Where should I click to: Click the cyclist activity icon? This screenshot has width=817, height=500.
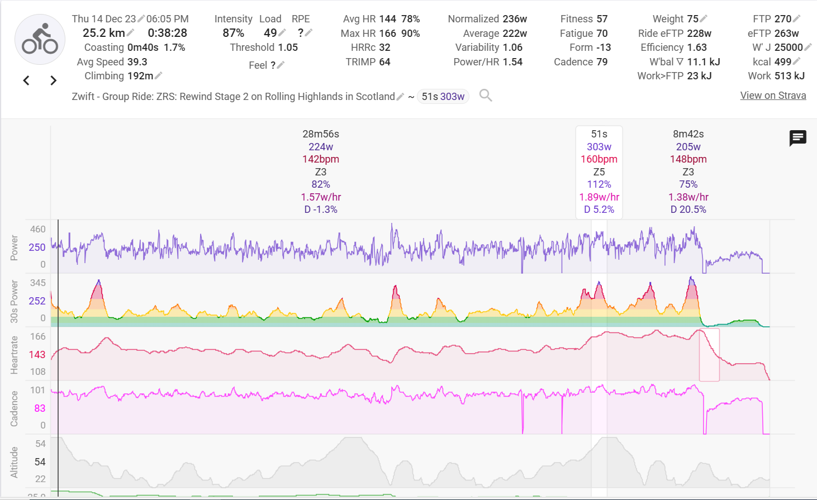[x=40, y=40]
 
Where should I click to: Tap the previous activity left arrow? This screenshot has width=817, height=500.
[x=26, y=80]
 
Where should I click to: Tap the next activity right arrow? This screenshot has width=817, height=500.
[x=53, y=80]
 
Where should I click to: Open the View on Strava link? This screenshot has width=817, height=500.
[x=773, y=96]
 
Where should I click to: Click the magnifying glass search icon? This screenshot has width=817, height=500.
[x=486, y=96]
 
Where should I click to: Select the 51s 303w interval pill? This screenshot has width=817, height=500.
[x=443, y=97]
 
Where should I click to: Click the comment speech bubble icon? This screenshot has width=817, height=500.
[x=797, y=137]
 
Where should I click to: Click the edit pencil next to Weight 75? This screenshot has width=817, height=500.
[x=704, y=19]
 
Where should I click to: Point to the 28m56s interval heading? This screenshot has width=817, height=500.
[x=321, y=134]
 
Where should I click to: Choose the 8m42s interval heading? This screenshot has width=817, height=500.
[x=688, y=134]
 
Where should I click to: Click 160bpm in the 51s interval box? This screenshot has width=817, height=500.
[x=599, y=159]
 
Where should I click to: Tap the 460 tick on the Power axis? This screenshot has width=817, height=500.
[x=38, y=229]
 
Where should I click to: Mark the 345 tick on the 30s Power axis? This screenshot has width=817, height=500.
[x=38, y=283]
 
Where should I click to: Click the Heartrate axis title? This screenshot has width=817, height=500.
[x=15, y=355]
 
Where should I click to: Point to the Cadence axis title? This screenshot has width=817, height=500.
[x=15, y=408]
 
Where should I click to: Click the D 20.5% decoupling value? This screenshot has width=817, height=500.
[x=688, y=209]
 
